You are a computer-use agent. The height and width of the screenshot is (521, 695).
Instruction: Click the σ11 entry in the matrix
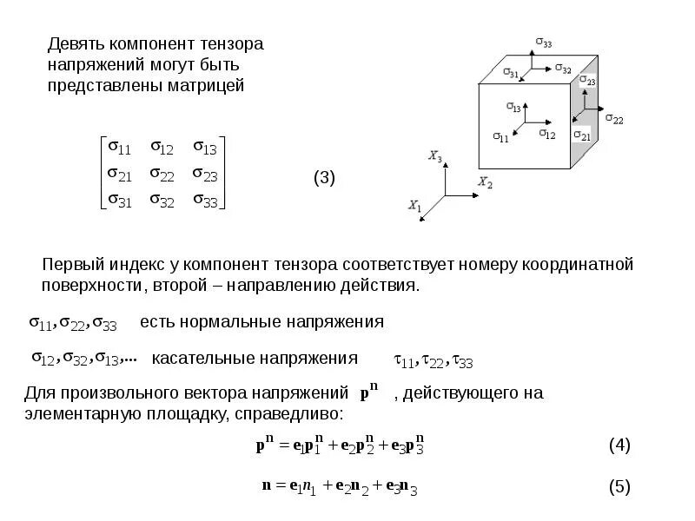click(118, 147)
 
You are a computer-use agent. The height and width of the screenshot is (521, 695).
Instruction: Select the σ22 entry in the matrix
click(162, 175)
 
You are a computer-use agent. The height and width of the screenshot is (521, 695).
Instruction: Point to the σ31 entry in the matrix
click(118, 201)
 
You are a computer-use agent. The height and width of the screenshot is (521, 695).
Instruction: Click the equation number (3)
click(324, 178)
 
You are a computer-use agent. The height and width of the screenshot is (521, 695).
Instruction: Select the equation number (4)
click(619, 445)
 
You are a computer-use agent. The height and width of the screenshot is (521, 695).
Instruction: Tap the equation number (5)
click(619, 486)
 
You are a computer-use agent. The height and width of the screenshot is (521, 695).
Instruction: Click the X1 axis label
click(414, 206)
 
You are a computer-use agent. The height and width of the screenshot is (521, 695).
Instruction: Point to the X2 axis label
click(485, 182)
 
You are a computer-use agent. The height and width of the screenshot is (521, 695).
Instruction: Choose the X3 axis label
click(435, 156)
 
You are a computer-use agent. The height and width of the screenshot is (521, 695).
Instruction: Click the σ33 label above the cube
click(544, 41)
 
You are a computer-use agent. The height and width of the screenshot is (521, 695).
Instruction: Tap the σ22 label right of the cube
click(614, 119)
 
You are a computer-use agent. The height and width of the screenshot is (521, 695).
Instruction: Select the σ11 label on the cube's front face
click(500, 137)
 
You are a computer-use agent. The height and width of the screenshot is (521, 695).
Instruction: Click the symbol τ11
click(403, 360)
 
